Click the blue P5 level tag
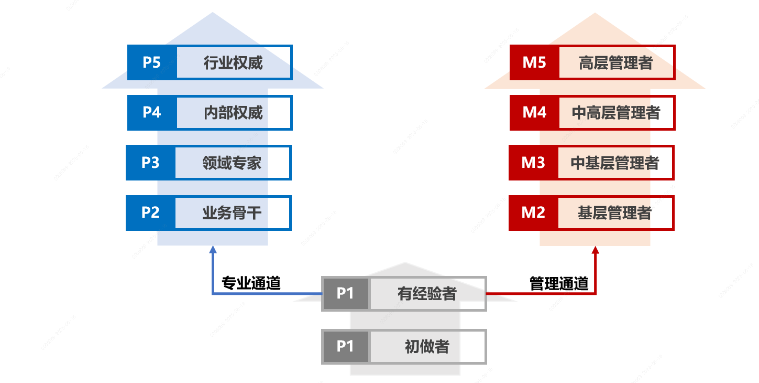[x=151, y=62]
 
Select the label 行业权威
[x=233, y=63]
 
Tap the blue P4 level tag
[x=151, y=112]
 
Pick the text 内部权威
[x=233, y=113]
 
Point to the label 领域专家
[x=232, y=163]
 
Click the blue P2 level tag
[x=150, y=212]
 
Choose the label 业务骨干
[x=232, y=213]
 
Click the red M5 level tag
[x=534, y=62]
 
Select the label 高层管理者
[x=616, y=63]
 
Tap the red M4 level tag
[x=534, y=112]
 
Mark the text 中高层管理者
[x=616, y=113]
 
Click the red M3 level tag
[x=533, y=163]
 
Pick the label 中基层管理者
[x=615, y=163]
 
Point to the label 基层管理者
[x=615, y=213]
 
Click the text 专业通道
[x=251, y=283]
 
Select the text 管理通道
[x=559, y=284]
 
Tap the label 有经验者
[x=427, y=294]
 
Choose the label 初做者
[x=427, y=347]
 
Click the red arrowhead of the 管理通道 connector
[x=596, y=251]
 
